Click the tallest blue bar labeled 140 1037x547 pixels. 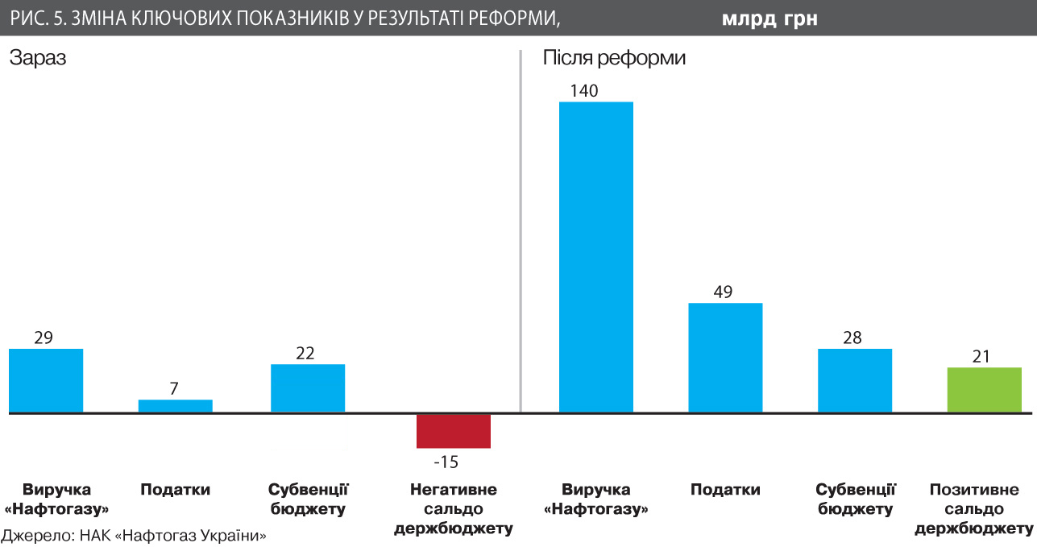pyautogui.click(x=595, y=257)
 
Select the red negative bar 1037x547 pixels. pyautogui.click(x=453, y=431)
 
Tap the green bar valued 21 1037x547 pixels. pyautogui.click(x=984, y=390)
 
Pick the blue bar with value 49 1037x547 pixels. pyautogui.click(x=725, y=358)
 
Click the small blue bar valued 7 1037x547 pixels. pyautogui.click(x=175, y=406)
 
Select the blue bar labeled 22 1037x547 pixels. pyautogui.click(x=307, y=388)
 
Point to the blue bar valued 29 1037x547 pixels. pyautogui.click(x=46, y=380)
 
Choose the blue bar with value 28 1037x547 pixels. pyautogui.click(x=854, y=380)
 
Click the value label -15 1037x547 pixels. pyautogui.click(x=445, y=462)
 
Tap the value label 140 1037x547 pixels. pyautogui.click(x=583, y=91)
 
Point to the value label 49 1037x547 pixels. pyautogui.click(x=723, y=292)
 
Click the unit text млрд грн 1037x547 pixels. pyautogui.click(x=769, y=19)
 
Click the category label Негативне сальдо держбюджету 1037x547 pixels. pyautogui.click(x=453, y=509)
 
